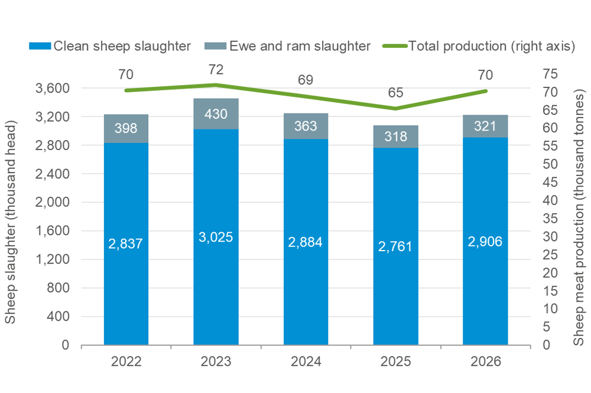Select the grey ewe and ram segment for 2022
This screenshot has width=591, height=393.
[126, 128]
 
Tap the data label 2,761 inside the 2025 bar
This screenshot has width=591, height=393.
[395, 246]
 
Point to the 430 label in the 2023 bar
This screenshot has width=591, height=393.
[216, 114]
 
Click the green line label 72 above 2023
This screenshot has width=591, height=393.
[216, 70]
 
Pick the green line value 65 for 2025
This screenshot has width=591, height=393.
[395, 93]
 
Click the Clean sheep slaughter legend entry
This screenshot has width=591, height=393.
[112, 46]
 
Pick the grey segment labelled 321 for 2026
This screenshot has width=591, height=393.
[485, 126]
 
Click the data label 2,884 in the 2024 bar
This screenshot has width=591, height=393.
[306, 242]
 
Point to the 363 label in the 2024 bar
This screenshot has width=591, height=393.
[306, 126]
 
